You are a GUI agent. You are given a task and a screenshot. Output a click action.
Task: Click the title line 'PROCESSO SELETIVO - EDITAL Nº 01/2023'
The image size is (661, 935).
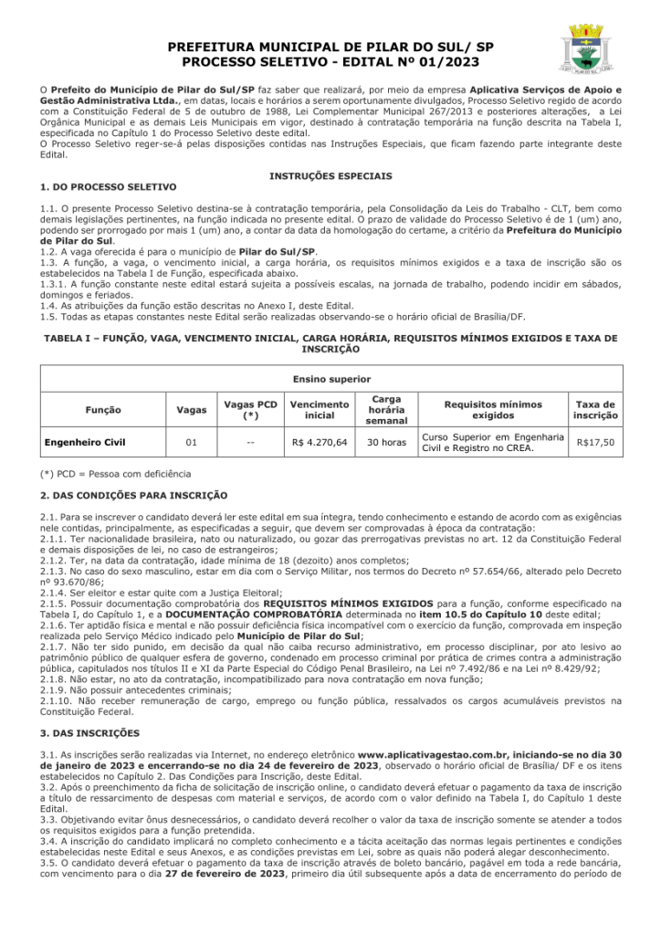coord(330,61)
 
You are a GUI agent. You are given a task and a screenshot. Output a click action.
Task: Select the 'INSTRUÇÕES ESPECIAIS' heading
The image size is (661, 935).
coord(330,174)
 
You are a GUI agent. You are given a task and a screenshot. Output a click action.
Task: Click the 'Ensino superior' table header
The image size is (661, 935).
coord(330,378)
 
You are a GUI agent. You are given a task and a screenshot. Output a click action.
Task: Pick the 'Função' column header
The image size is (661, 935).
coord(101,410)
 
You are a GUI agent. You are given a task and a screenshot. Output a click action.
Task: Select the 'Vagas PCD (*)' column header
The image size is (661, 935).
coord(250,410)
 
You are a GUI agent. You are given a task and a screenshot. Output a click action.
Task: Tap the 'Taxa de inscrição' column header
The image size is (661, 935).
coord(595,410)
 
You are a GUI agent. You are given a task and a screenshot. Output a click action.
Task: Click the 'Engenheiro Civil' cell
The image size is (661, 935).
coord(86,443)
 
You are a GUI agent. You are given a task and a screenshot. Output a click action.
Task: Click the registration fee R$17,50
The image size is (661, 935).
coord(595,443)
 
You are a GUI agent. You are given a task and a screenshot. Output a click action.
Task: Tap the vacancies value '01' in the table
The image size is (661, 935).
coord(191,443)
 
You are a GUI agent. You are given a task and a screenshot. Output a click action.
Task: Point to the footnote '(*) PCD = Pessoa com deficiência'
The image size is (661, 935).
coord(116,474)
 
